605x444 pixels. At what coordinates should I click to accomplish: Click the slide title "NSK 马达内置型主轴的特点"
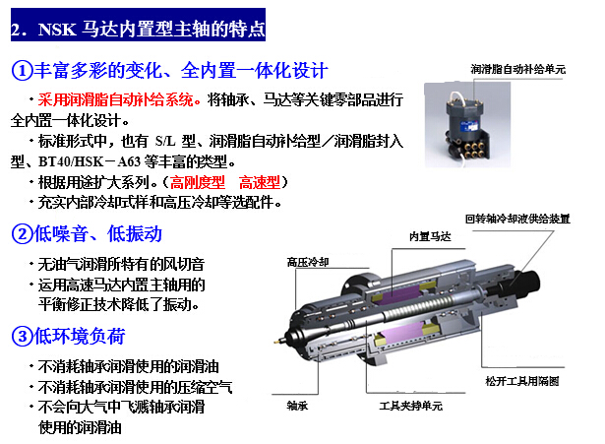coord(151,29)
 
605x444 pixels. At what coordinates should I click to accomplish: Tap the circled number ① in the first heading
coord(22,71)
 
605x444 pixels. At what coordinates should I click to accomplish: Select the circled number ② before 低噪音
coord(22,234)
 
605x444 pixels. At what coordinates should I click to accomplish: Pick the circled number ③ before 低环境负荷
coord(22,336)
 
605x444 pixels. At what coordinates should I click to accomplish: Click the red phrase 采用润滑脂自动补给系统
coord(115,99)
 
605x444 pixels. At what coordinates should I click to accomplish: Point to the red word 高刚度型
coord(197,182)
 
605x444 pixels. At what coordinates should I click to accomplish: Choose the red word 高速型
coord(260,182)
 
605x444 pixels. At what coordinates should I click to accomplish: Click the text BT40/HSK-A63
coord(90,161)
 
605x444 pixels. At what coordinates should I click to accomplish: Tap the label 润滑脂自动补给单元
coord(517,69)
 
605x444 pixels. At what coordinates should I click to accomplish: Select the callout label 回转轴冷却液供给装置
coord(517,219)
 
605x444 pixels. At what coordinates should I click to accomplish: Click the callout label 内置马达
coord(430,236)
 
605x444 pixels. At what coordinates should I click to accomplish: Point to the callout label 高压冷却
coord(308,262)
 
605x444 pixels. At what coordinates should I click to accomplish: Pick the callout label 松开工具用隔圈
coord(522,381)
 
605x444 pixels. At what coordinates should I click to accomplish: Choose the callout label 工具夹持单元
coord(410,406)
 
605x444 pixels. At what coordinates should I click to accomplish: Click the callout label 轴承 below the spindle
coord(297,406)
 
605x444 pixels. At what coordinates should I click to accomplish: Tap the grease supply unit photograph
coord(467,125)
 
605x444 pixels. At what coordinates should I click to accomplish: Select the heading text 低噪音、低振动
coord(98,234)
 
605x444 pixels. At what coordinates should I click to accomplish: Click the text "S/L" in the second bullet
coord(165,141)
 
